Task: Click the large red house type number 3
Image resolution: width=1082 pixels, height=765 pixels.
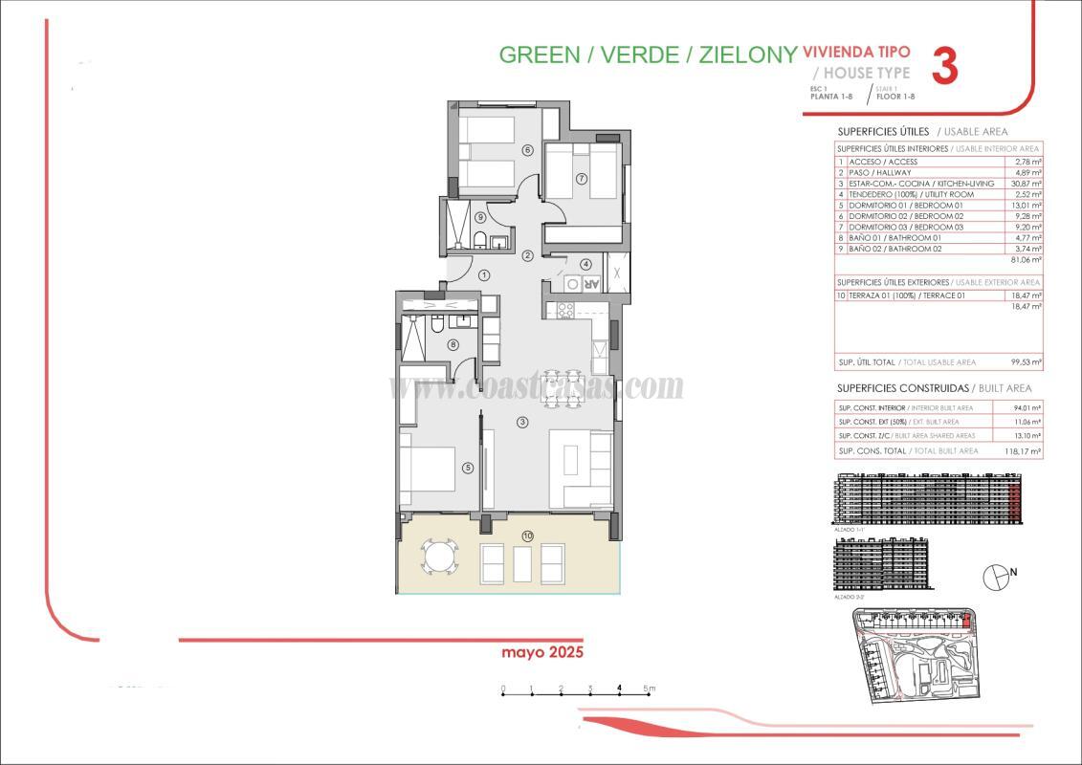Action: [944, 66]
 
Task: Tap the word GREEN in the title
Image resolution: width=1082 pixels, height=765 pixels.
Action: [540, 55]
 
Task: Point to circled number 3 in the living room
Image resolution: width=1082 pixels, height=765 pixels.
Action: [521, 422]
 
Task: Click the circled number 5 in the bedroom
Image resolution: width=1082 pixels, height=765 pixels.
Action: [468, 468]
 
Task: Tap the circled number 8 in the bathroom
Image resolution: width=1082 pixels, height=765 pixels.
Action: [453, 345]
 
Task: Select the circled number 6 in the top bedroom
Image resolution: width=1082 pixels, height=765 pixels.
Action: [526, 149]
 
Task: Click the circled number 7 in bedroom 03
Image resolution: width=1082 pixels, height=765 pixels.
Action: [581, 178]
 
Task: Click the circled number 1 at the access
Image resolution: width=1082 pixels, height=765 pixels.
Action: [484, 275]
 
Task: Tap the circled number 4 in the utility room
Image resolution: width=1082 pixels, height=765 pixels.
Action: [585, 265]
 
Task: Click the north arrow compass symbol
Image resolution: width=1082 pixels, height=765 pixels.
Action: [996, 575]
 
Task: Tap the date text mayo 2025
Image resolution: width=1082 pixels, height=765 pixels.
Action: [542, 652]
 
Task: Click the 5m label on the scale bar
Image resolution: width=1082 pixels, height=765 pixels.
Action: [649, 688]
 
